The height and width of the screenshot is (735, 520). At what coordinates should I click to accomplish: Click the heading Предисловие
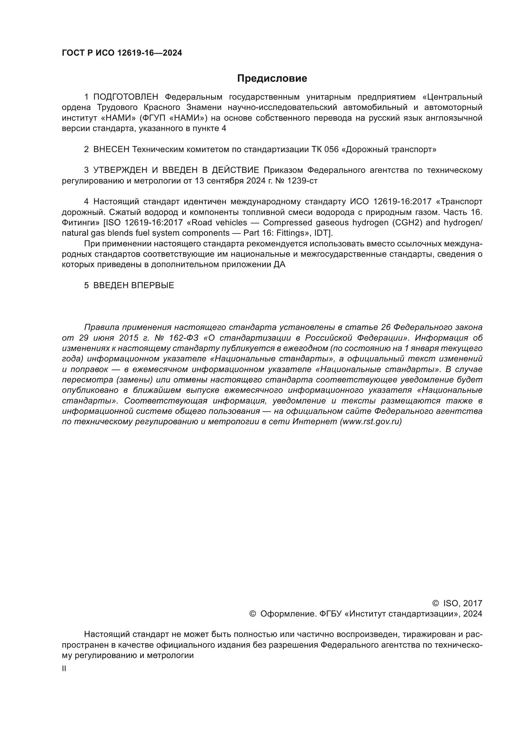point(272,79)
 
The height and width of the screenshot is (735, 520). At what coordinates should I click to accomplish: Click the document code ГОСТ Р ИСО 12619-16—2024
point(122,53)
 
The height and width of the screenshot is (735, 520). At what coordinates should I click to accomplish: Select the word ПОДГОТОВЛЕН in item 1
point(125,97)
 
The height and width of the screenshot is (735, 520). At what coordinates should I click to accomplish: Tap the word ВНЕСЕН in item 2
point(111,150)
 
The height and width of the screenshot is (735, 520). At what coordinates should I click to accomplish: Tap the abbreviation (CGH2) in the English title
point(407,223)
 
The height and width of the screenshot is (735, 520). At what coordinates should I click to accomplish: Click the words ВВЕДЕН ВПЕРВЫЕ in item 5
point(134,286)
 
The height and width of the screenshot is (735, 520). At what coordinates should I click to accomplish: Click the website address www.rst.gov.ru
point(371,422)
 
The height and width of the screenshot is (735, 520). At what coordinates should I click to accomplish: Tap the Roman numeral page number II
point(64,669)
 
